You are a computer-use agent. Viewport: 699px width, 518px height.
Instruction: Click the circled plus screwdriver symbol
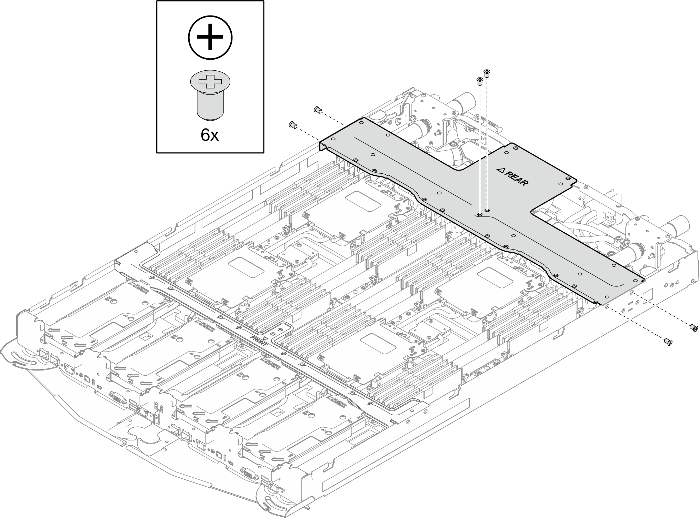pyautogui.click(x=210, y=38)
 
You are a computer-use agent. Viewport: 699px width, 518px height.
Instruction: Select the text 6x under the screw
pyautogui.click(x=210, y=135)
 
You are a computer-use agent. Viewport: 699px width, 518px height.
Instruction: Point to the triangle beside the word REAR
pyautogui.click(x=500, y=170)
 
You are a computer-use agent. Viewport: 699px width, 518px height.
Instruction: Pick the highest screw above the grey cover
pyautogui.click(x=487, y=73)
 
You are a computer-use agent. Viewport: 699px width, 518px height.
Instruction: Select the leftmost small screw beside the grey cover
pyautogui.click(x=293, y=124)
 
